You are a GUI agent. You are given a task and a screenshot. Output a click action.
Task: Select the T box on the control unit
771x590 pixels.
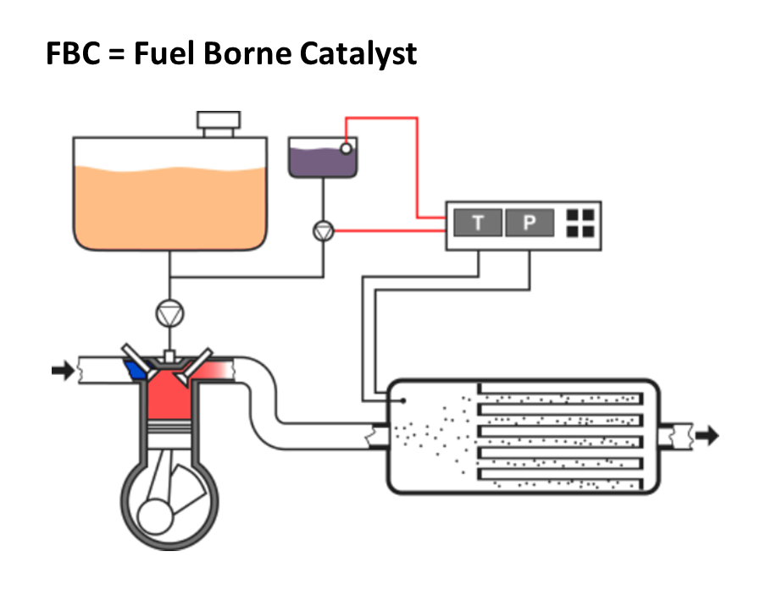[x=478, y=223]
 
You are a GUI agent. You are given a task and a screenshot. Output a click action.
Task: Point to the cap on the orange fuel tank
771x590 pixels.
[x=219, y=122]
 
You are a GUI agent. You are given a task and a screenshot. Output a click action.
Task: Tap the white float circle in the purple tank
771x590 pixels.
[x=346, y=149]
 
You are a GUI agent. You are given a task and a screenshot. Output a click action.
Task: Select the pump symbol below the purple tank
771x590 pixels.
[x=323, y=230]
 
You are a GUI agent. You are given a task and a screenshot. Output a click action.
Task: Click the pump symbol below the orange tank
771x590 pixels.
[x=169, y=314]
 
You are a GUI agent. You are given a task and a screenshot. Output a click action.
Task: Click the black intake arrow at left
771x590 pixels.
[x=63, y=370]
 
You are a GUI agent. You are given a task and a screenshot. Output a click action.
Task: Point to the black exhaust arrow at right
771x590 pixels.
[x=707, y=435]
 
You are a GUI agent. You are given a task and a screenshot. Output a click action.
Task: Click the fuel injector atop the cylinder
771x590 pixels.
[x=169, y=356]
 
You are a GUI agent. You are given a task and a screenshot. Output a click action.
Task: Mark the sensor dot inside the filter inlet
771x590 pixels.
[x=404, y=401]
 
